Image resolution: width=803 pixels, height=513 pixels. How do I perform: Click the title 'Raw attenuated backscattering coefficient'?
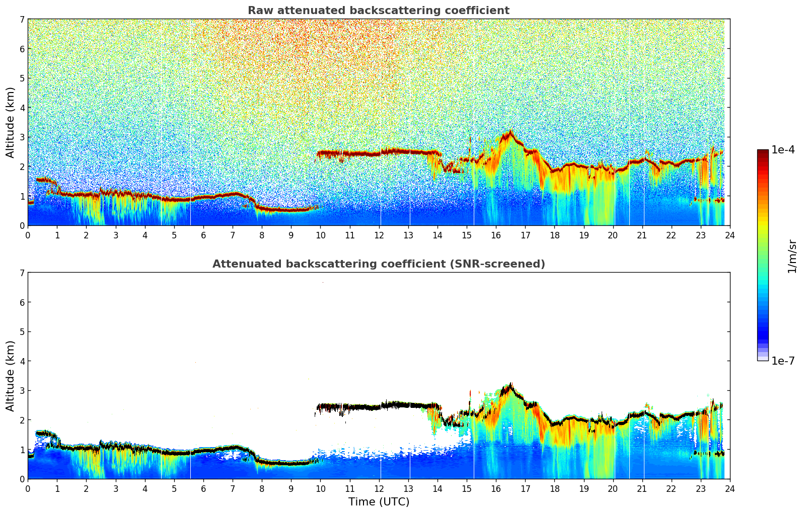click(378, 11)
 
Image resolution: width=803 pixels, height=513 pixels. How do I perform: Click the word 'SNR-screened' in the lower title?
click(500, 264)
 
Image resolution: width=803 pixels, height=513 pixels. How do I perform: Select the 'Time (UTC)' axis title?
click(379, 501)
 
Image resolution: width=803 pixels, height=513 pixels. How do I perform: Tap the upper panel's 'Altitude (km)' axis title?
click(11, 122)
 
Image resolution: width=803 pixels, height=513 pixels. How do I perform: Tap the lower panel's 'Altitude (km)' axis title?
click(11, 376)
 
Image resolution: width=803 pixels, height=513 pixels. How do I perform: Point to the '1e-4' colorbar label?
click(783, 150)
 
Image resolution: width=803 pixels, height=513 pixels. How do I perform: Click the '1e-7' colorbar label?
click(783, 361)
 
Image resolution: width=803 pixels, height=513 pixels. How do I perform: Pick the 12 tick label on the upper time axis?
click(379, 235)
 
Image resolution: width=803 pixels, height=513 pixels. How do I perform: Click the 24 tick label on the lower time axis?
click(729, 488)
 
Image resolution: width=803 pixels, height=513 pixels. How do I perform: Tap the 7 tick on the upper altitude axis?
click(22, 20)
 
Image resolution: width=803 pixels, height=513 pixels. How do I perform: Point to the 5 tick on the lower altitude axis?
click(22, 332)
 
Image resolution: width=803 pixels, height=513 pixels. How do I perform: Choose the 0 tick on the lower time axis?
click(28, 488)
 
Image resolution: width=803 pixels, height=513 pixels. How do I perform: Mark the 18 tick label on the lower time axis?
click(554, 488)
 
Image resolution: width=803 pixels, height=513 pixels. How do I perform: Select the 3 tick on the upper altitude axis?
click(22, 137)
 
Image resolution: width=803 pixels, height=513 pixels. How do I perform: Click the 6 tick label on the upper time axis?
click(203, 235)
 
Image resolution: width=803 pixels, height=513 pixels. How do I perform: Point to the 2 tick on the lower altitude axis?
click(22, 420)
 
